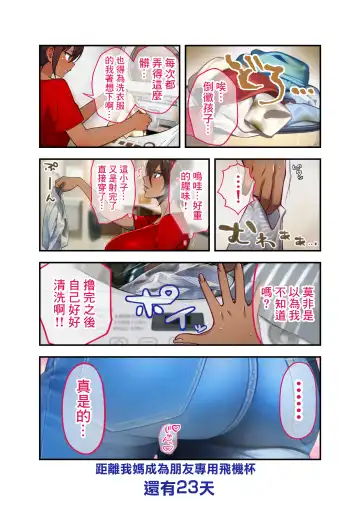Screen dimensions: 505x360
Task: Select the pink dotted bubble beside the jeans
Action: tap(295, 397)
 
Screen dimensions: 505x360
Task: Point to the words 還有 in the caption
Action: tap(157, 489)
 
